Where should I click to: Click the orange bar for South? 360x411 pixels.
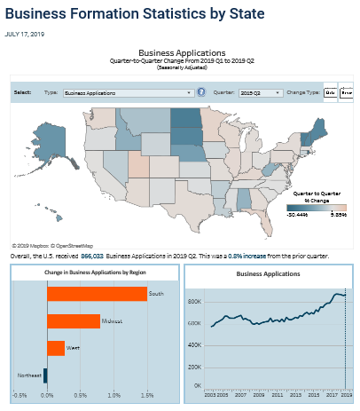coord(97,293)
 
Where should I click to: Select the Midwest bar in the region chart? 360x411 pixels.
coord(73,320)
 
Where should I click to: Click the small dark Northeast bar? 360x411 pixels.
coord(45,375)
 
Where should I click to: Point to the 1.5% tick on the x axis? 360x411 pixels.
coord(147,395)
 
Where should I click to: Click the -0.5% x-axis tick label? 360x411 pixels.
coord(20,395)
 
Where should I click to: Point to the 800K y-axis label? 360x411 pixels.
coord(193,301)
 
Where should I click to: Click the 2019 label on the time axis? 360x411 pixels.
coord(345,391)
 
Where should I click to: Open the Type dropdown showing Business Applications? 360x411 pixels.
coord(128,92)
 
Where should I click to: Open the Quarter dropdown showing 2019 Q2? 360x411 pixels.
coord(261,92)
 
